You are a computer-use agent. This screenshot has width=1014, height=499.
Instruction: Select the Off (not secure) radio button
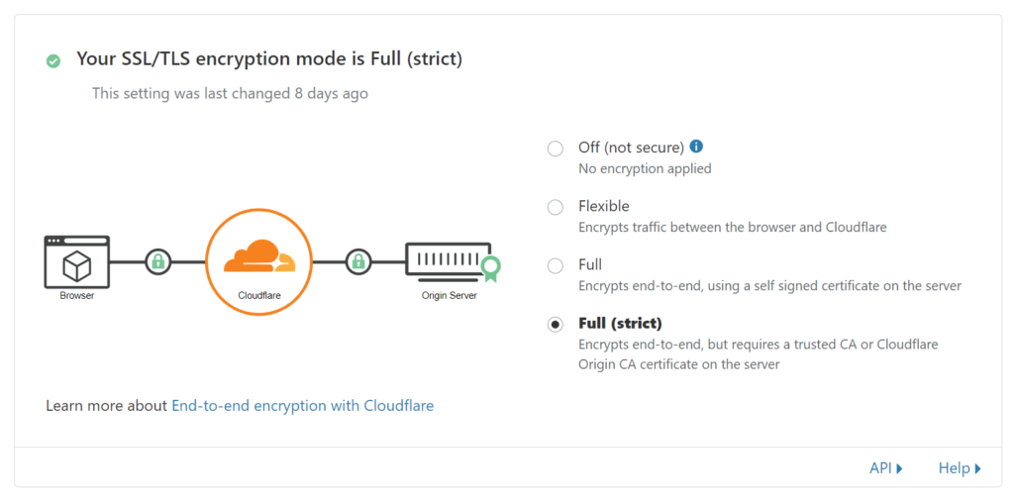(555, 150)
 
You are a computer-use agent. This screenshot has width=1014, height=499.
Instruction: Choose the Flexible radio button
(555, 208)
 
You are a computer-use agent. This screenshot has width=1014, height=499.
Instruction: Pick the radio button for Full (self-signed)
(555, 265)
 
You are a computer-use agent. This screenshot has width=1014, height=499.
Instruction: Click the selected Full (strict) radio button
(555, 325)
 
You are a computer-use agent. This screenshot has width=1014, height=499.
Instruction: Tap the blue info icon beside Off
(696, 147)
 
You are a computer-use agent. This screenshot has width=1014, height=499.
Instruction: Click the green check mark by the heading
(53, 60)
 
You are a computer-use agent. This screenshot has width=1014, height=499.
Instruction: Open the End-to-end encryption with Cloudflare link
(303, 406)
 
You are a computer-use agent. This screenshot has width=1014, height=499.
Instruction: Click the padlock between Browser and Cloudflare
(157, 261)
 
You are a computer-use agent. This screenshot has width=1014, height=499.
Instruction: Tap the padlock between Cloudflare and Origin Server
(357, 261)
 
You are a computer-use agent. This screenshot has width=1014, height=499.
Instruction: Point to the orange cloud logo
(259, 256)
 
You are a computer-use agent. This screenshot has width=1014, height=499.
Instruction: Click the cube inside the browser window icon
(76, 265)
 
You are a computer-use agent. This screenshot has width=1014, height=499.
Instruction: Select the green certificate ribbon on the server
(491, 268)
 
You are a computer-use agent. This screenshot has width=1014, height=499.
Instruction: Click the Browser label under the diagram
(77, 296)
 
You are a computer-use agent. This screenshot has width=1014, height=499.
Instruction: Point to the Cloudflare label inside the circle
(259, 296)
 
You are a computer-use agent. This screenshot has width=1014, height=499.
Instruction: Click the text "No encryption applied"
(645, 169)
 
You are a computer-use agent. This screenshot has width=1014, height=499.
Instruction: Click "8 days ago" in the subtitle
(331, 94)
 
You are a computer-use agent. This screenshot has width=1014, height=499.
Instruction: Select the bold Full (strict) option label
(620, 323)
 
